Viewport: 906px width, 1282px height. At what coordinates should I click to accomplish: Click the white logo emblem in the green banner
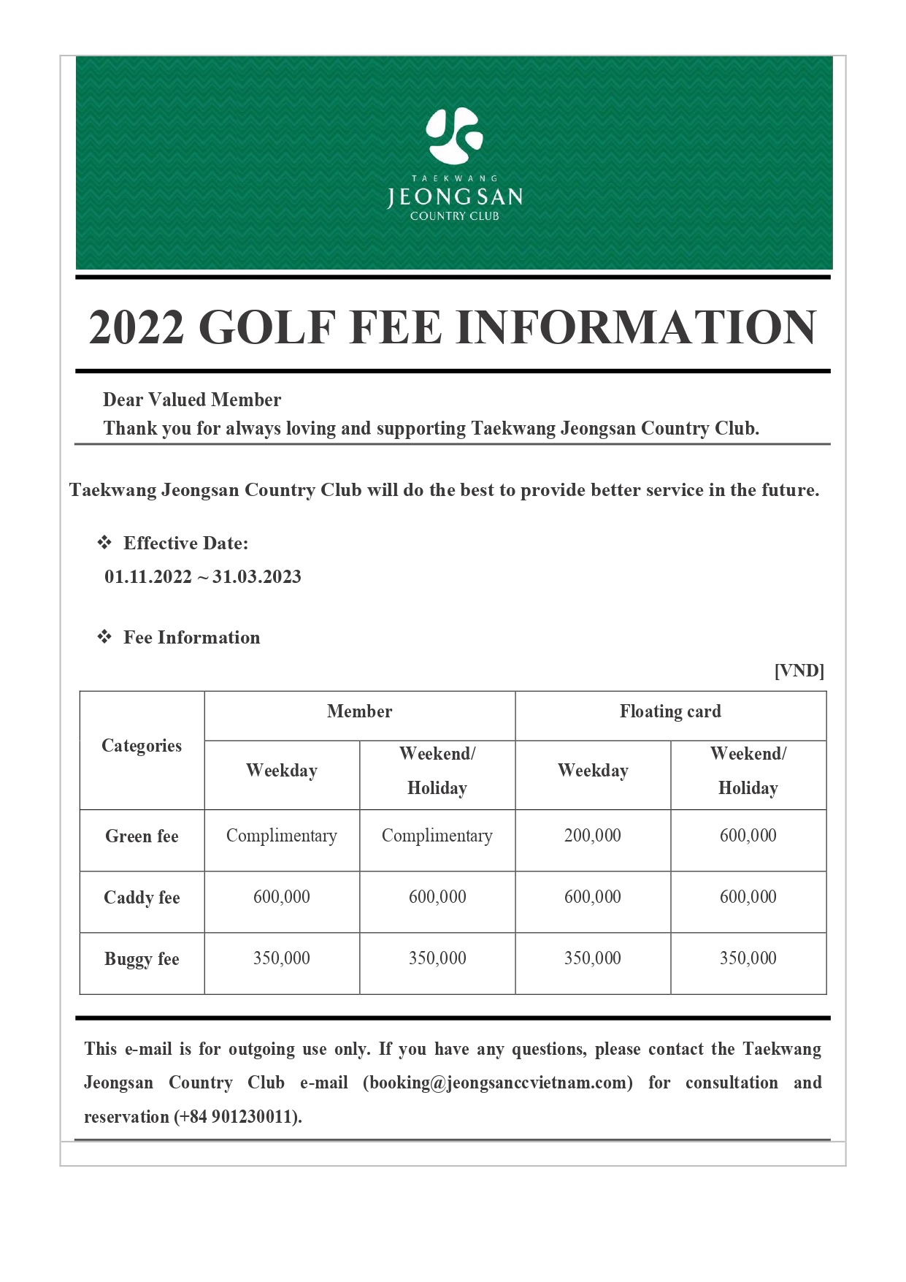[x=454, y=135]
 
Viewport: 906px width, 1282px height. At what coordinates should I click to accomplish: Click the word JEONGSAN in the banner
[x=454, y=197]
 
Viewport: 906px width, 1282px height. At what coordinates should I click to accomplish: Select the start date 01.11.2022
[x=147, y=577]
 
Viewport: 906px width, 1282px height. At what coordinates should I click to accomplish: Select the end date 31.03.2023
[x=257, y=577]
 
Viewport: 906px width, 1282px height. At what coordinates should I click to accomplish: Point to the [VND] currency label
[x=799, y=671]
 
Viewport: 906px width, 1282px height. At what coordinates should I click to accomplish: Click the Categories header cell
[x=142, y=746]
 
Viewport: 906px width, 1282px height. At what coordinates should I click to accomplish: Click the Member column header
[x=359, y=711]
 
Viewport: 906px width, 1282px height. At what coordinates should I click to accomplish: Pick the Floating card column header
[x=670, y=711]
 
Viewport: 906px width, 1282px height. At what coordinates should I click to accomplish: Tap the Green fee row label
[x=142, y=836]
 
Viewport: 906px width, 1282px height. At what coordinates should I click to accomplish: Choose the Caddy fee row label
[x=142, y=898]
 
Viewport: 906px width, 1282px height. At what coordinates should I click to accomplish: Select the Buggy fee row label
[x=142, y=959]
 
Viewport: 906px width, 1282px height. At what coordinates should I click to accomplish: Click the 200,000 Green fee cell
[x=592, y=836]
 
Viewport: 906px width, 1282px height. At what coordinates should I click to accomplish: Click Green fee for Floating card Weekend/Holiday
[x=748, y=836]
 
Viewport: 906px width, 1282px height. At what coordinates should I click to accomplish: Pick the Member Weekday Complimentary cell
[x=281, y=836]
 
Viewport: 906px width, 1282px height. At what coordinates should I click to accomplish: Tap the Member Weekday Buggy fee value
[x=281, y=958]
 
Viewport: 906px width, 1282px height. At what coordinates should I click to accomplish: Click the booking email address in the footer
[x=498, y=1083]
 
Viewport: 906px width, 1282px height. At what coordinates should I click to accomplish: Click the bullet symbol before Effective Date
[x=105, y=543]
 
